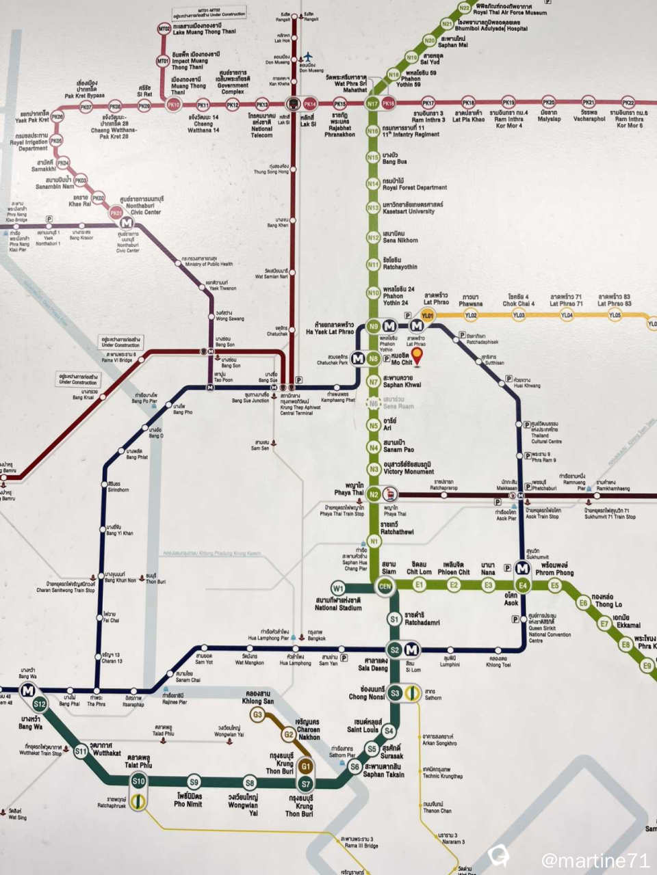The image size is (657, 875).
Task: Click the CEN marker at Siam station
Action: tap(385, 586)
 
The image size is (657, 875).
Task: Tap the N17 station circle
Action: tap(372, 104)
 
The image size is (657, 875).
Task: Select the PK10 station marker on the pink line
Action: tap(174, 105)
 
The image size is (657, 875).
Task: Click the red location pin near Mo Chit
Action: tap(416, 355)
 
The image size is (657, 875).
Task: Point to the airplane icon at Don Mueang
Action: tap(307, 55)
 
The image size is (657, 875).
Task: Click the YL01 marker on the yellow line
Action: tap(428, 315)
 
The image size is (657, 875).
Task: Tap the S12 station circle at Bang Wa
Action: tap(39, 703)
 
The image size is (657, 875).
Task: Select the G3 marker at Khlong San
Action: tap(257, 715)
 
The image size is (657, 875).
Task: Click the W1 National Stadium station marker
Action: tap(337, 588)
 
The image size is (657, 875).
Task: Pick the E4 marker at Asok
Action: tap(523, 585)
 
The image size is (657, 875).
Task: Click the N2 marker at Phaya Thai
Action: tap(374, 494)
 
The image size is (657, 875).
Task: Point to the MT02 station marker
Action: tap(164, 29)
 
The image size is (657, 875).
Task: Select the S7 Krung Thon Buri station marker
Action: tap(305, 783)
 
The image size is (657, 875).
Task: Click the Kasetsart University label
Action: tap(413, 208)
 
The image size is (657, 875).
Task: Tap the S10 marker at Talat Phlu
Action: tap(139, 781)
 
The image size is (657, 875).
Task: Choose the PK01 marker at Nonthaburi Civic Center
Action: tap(116, 213)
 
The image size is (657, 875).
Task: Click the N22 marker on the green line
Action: tap(465, 8)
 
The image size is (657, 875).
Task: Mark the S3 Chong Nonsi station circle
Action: tap(394, 693)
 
